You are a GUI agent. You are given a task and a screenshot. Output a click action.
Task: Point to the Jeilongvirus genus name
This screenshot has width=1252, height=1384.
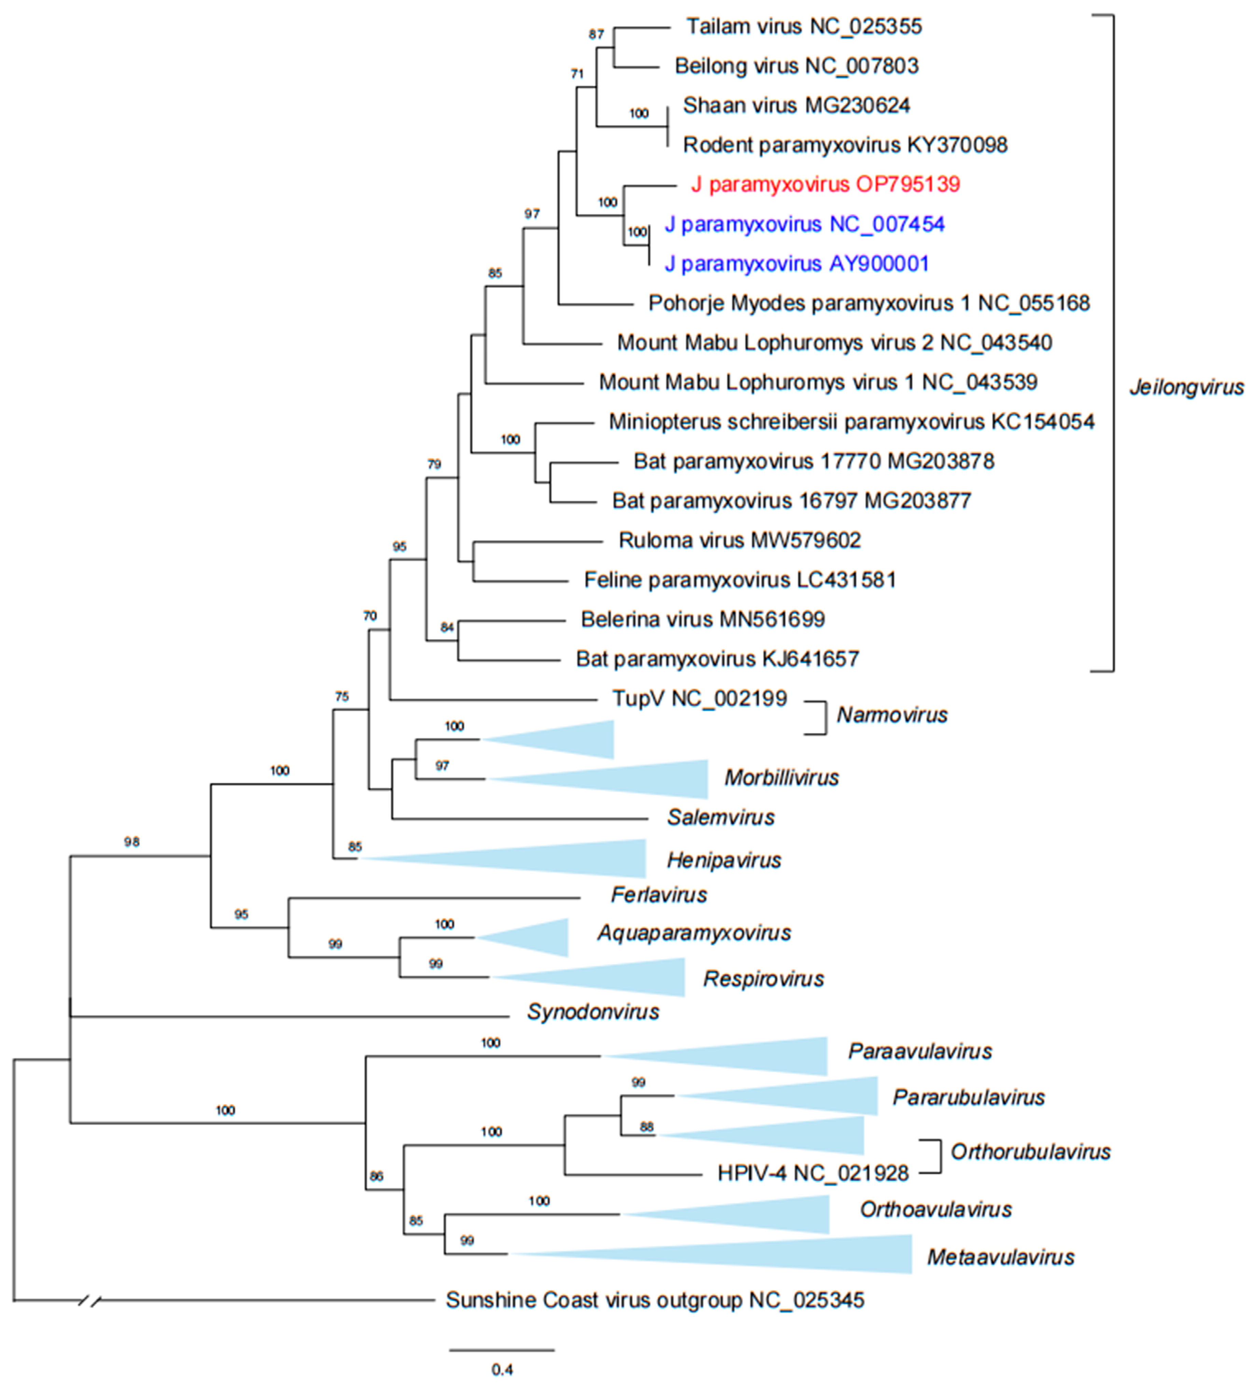1186,387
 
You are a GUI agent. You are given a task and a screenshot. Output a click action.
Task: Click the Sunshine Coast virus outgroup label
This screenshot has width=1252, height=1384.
655,1300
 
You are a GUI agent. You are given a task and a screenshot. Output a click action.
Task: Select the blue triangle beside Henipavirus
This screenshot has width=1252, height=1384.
549,858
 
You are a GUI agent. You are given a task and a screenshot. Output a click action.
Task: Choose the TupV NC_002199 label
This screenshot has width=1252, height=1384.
699,699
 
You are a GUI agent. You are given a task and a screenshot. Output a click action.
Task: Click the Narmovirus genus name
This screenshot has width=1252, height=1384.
892,715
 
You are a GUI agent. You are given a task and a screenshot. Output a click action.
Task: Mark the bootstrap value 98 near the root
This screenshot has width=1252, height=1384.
131,842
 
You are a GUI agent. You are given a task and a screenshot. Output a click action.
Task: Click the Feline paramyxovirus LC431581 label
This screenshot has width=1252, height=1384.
740,580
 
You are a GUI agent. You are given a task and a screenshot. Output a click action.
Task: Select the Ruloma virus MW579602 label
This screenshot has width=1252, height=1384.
739,540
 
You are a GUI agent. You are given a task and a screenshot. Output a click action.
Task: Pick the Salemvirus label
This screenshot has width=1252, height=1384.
721,817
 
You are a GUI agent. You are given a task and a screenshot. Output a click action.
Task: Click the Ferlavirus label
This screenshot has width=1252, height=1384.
659,895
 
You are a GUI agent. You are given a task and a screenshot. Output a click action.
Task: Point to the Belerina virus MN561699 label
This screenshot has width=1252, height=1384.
703,619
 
